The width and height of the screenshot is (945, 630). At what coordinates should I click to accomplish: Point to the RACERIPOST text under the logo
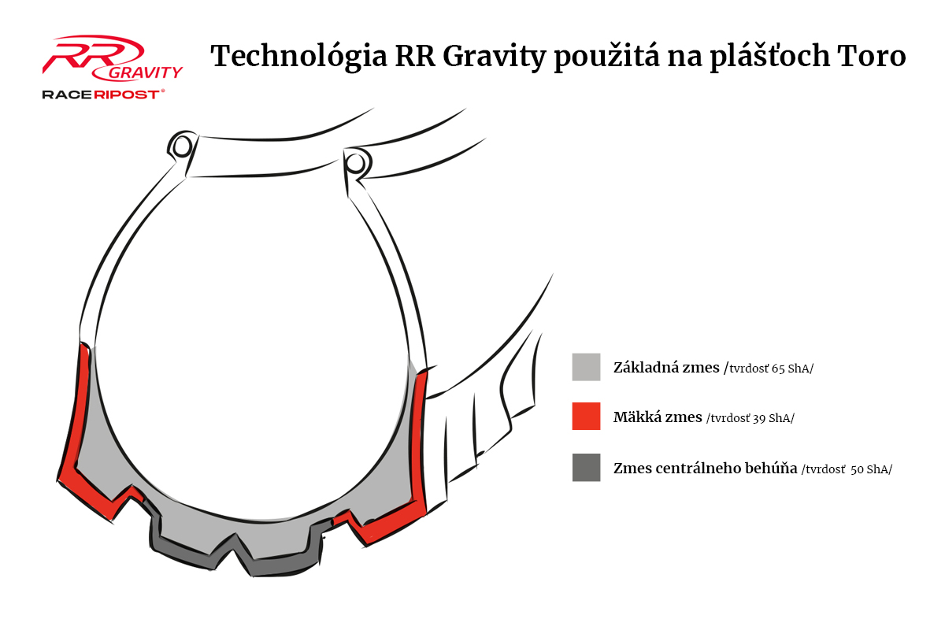103,94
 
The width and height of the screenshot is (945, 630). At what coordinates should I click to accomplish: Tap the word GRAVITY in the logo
145,72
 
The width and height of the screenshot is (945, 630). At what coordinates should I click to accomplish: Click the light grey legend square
586,367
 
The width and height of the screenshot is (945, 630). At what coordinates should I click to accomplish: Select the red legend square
586,417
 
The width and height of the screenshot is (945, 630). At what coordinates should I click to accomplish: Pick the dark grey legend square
586,467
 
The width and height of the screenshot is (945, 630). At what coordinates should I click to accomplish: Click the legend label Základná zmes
666,367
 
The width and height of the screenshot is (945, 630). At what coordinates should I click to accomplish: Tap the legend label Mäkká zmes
658,417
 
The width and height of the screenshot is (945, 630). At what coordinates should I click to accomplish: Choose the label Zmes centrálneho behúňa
705,468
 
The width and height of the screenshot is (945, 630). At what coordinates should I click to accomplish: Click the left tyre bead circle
182,146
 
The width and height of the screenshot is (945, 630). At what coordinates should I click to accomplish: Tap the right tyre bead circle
356,163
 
